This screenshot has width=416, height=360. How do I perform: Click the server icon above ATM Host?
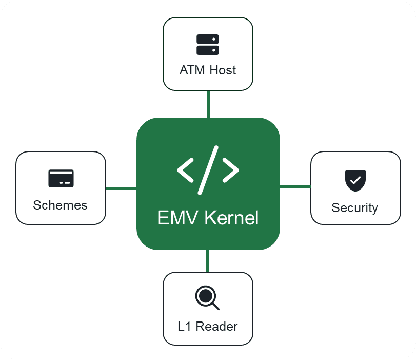tap(208, 45)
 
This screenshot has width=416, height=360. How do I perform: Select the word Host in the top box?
tap(222, 70)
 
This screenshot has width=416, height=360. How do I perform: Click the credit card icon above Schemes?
tap(61, 178)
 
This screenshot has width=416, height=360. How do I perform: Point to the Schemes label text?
tap(60, 205)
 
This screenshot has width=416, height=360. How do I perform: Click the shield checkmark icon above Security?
tap(355, 179)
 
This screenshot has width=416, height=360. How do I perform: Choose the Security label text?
tap(354, 208)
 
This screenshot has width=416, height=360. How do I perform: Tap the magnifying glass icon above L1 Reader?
tap(207, 297)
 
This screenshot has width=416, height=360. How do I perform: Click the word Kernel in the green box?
tap(231, 218)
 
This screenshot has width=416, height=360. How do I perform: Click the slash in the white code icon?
tap(208, 170)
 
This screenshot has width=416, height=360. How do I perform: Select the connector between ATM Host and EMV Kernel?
tap(208, 104)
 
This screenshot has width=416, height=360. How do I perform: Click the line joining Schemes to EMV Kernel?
tap(121, 188)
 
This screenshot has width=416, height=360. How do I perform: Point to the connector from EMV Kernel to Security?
tap(295, 186)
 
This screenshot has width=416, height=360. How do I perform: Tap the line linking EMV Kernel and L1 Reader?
tap(207, 261)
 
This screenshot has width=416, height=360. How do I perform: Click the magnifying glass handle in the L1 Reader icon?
tap(215, 306)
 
